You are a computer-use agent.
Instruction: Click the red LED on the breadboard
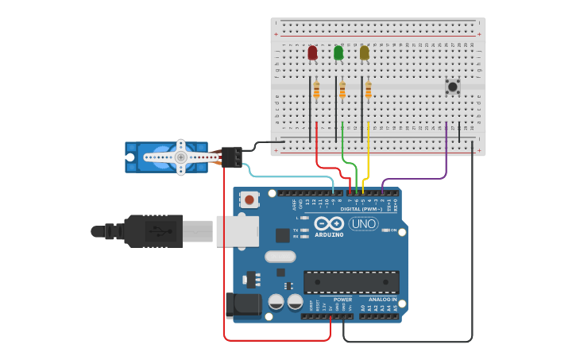(x=312, y=53)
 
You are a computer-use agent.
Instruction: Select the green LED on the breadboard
(x=338, y=53)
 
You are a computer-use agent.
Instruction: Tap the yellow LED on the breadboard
(x=365, y=53)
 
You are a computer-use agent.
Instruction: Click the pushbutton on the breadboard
(x=453, y=87)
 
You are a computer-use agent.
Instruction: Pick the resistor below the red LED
(x=316, y=90)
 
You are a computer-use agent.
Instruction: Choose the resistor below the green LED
(x=342, y=90)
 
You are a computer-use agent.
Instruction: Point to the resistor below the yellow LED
(x=369, y=90)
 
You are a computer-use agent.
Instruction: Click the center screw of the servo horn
(x=181, y=157)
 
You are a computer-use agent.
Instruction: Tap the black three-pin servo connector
(x=231, y=157)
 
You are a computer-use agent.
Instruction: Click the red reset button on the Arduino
(x=249, y=199)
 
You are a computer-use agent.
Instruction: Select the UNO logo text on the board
(x=363, y=224)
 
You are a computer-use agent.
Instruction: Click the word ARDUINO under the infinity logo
(x=329, y=234)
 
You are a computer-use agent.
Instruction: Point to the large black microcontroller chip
(x=351, y=282)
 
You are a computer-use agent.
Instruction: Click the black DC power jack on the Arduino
(x=242, y=305)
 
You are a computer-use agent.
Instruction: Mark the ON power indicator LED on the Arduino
(x=385, y=230)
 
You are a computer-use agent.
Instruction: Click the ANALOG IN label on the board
(x=382, y=300)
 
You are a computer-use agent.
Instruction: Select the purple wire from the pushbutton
(x=446, y=159)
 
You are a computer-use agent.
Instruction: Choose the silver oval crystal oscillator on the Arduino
(x=280, y=257)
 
